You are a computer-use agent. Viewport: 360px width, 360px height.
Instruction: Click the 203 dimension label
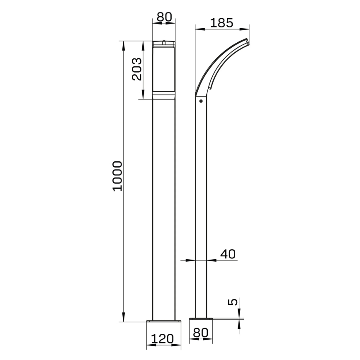tap(136, 69)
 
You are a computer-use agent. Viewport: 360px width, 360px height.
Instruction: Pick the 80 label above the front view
tap(163, 18)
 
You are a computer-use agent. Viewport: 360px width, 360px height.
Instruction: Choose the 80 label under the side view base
tap(201, 333)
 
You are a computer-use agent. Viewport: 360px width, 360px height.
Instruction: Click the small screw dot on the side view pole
tap(201, 101)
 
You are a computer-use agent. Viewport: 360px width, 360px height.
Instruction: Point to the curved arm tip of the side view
tap(248, 41)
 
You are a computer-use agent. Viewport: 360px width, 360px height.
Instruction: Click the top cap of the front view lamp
tap(164, 44)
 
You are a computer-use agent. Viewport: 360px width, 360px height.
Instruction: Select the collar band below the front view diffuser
tap(164, 96)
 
